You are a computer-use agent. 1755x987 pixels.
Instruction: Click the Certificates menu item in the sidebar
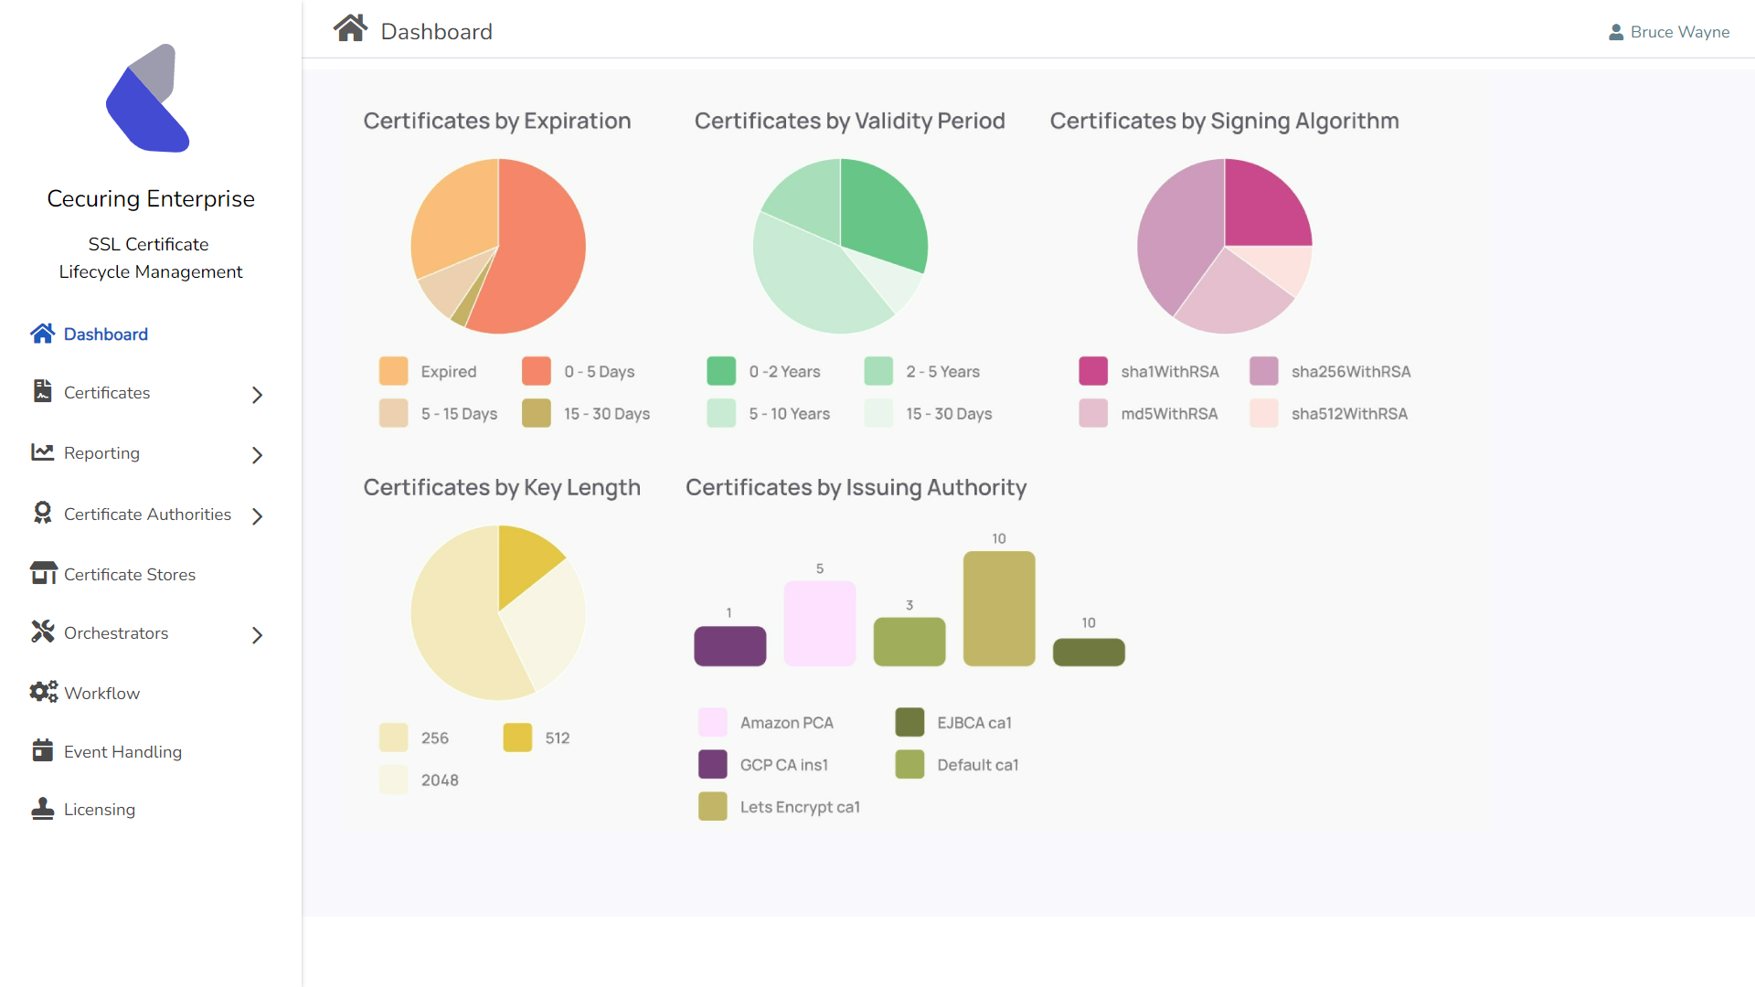click(107, 393)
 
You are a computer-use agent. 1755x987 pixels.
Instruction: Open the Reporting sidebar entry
click(101, 453)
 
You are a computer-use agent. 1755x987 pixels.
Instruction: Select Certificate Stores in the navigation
click(129, 575)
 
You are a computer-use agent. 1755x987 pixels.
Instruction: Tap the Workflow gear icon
click(43, 693)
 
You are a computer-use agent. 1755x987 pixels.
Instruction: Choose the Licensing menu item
click(99, 810)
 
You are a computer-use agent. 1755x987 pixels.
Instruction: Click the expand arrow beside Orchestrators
click(257, 635)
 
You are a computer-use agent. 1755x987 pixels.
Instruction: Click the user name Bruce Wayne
click(1679, 32)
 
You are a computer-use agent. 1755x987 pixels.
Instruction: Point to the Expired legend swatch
click(393, 372)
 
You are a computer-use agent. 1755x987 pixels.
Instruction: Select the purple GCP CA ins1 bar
click(729, 646)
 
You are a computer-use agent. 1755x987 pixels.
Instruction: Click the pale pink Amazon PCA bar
click(820, 623)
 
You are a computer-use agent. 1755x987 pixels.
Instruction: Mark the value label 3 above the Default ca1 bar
click(909, 605)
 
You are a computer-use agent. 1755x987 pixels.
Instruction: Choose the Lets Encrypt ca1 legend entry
click(799, 807)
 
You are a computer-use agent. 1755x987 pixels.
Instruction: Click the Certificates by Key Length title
click(502, 488)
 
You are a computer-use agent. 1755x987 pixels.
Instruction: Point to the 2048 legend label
click(440, 780)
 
